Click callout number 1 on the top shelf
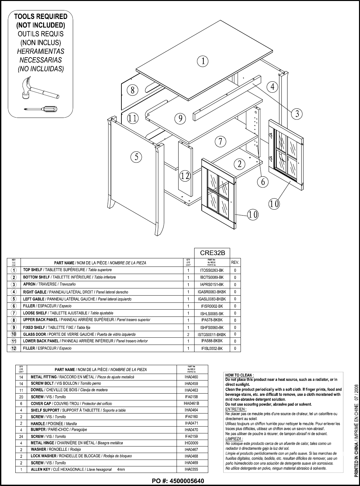203,61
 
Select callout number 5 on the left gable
136,157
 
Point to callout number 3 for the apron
297,114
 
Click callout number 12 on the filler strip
185,176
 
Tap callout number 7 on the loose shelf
221,141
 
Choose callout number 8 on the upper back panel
133,90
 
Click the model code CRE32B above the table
212,253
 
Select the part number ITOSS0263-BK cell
212,270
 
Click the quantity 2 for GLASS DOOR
188,334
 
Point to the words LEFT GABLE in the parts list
34,299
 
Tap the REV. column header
235,262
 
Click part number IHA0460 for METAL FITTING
191,377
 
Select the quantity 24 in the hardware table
21,436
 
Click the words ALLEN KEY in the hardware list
40,469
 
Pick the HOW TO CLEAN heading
240,375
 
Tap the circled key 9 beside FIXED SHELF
14,327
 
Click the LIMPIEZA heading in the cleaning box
234,439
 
